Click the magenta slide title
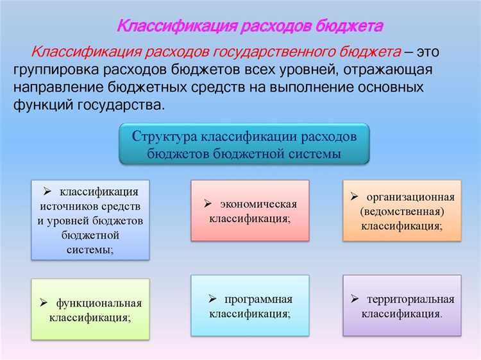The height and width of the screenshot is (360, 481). [249, 26]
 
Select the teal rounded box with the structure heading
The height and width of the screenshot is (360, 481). [244, 145]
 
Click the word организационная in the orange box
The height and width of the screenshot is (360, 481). [410, 196]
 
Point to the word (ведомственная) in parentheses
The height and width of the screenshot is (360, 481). [402, 211]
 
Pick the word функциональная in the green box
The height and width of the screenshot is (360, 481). [99, 303]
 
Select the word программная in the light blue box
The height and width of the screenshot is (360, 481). [258, 299]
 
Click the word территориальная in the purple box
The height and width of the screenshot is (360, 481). [410, 299]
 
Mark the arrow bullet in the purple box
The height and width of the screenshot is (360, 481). [354, 299]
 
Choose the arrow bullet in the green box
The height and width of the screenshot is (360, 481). [44, 303]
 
